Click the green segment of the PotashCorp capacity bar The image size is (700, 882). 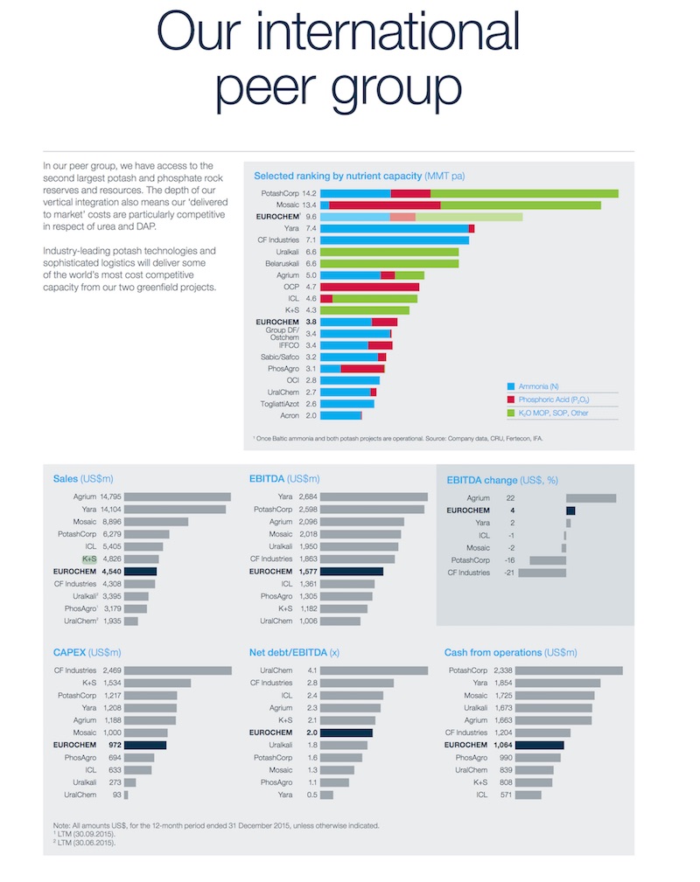pyautogui.click(x=524, y=193)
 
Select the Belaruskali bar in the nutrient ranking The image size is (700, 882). pyautogui.click(x=389, y=262)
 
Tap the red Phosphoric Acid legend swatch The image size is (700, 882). pyautogui.click(x=511, y=399)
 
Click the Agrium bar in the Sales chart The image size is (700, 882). pyautogui.click(x=178, y=497)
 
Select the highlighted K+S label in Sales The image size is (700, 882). pyautogui.click(x=88, y=559)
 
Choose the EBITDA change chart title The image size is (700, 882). pyautogui.click(x=501, y=479)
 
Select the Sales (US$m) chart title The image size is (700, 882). pyautogui.click(x=83, y=479)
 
